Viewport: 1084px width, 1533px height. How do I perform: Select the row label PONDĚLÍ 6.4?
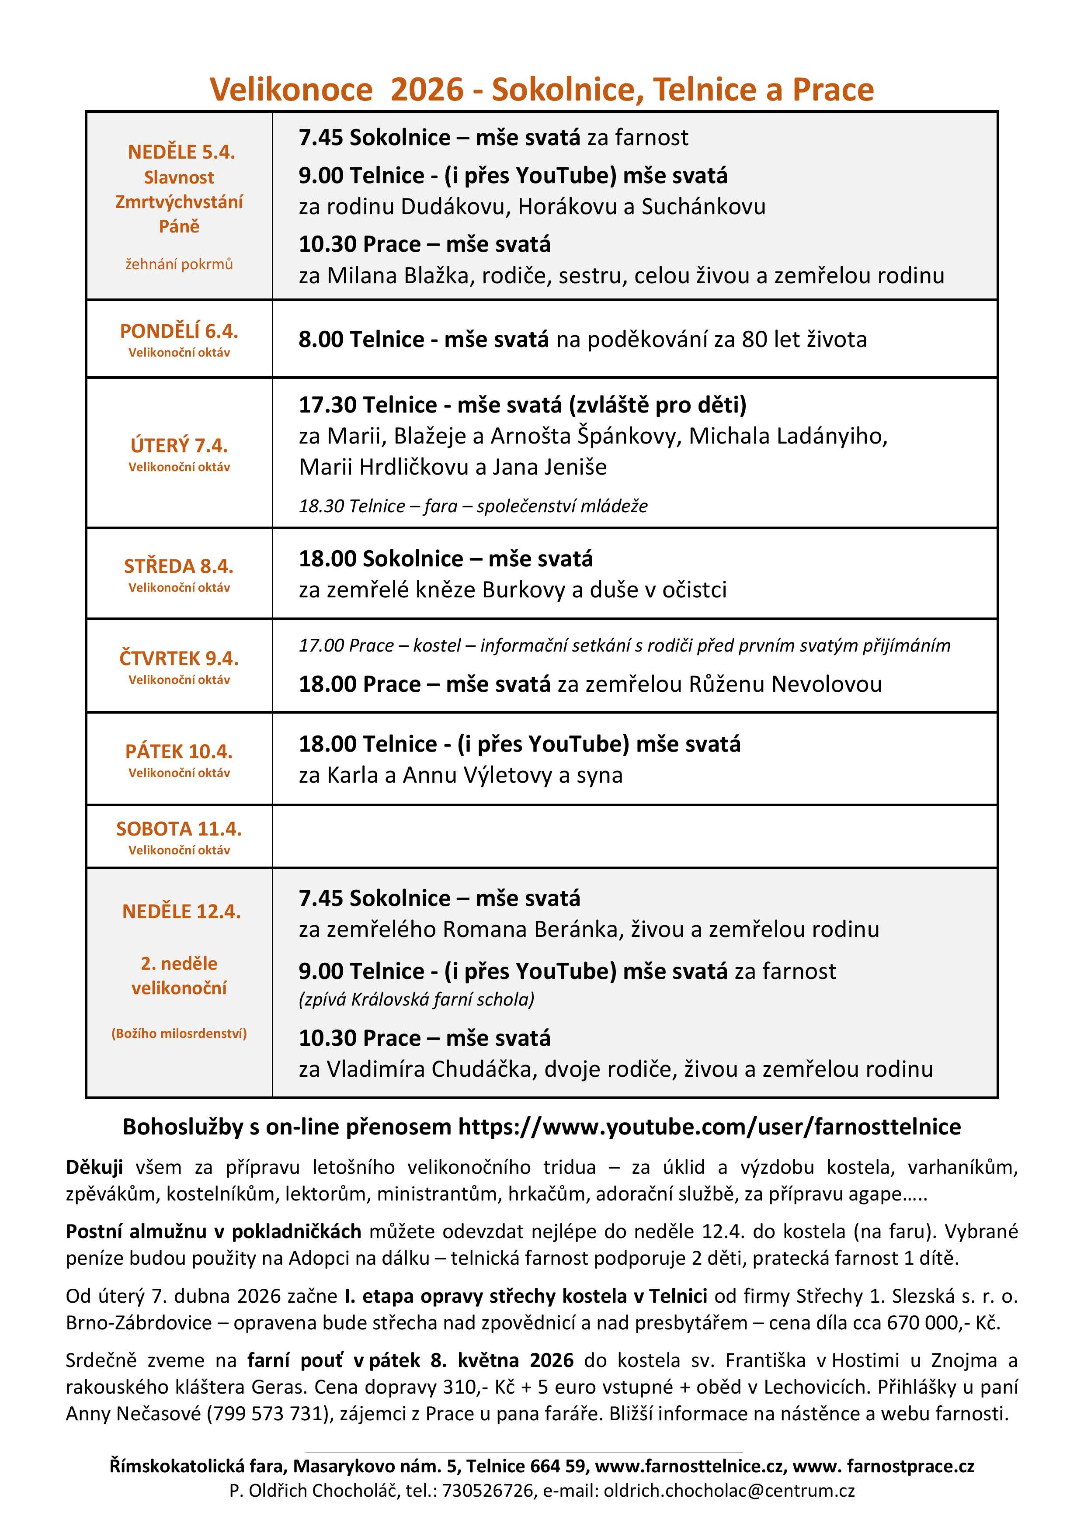(179, 331)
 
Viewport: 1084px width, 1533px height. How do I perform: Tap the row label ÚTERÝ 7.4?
(179, 445)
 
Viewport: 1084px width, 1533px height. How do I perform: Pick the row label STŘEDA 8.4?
(179, 566)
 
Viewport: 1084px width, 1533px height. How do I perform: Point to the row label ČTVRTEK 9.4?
(179, 658)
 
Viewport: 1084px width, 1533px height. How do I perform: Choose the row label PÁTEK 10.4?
(179, 752)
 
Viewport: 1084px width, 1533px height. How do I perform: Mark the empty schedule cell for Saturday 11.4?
(635, 836)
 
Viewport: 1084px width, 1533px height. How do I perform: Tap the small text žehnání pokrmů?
(179, 264)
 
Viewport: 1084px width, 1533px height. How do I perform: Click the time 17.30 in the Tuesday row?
(327, 405)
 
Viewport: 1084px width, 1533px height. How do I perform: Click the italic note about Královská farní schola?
(417, 999)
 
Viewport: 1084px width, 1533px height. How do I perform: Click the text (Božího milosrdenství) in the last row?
(179, 1034)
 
